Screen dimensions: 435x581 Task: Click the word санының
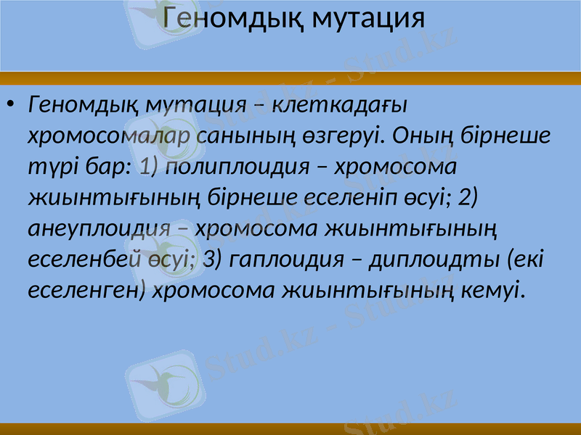coord(231,136)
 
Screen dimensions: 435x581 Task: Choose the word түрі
coord(49,167)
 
